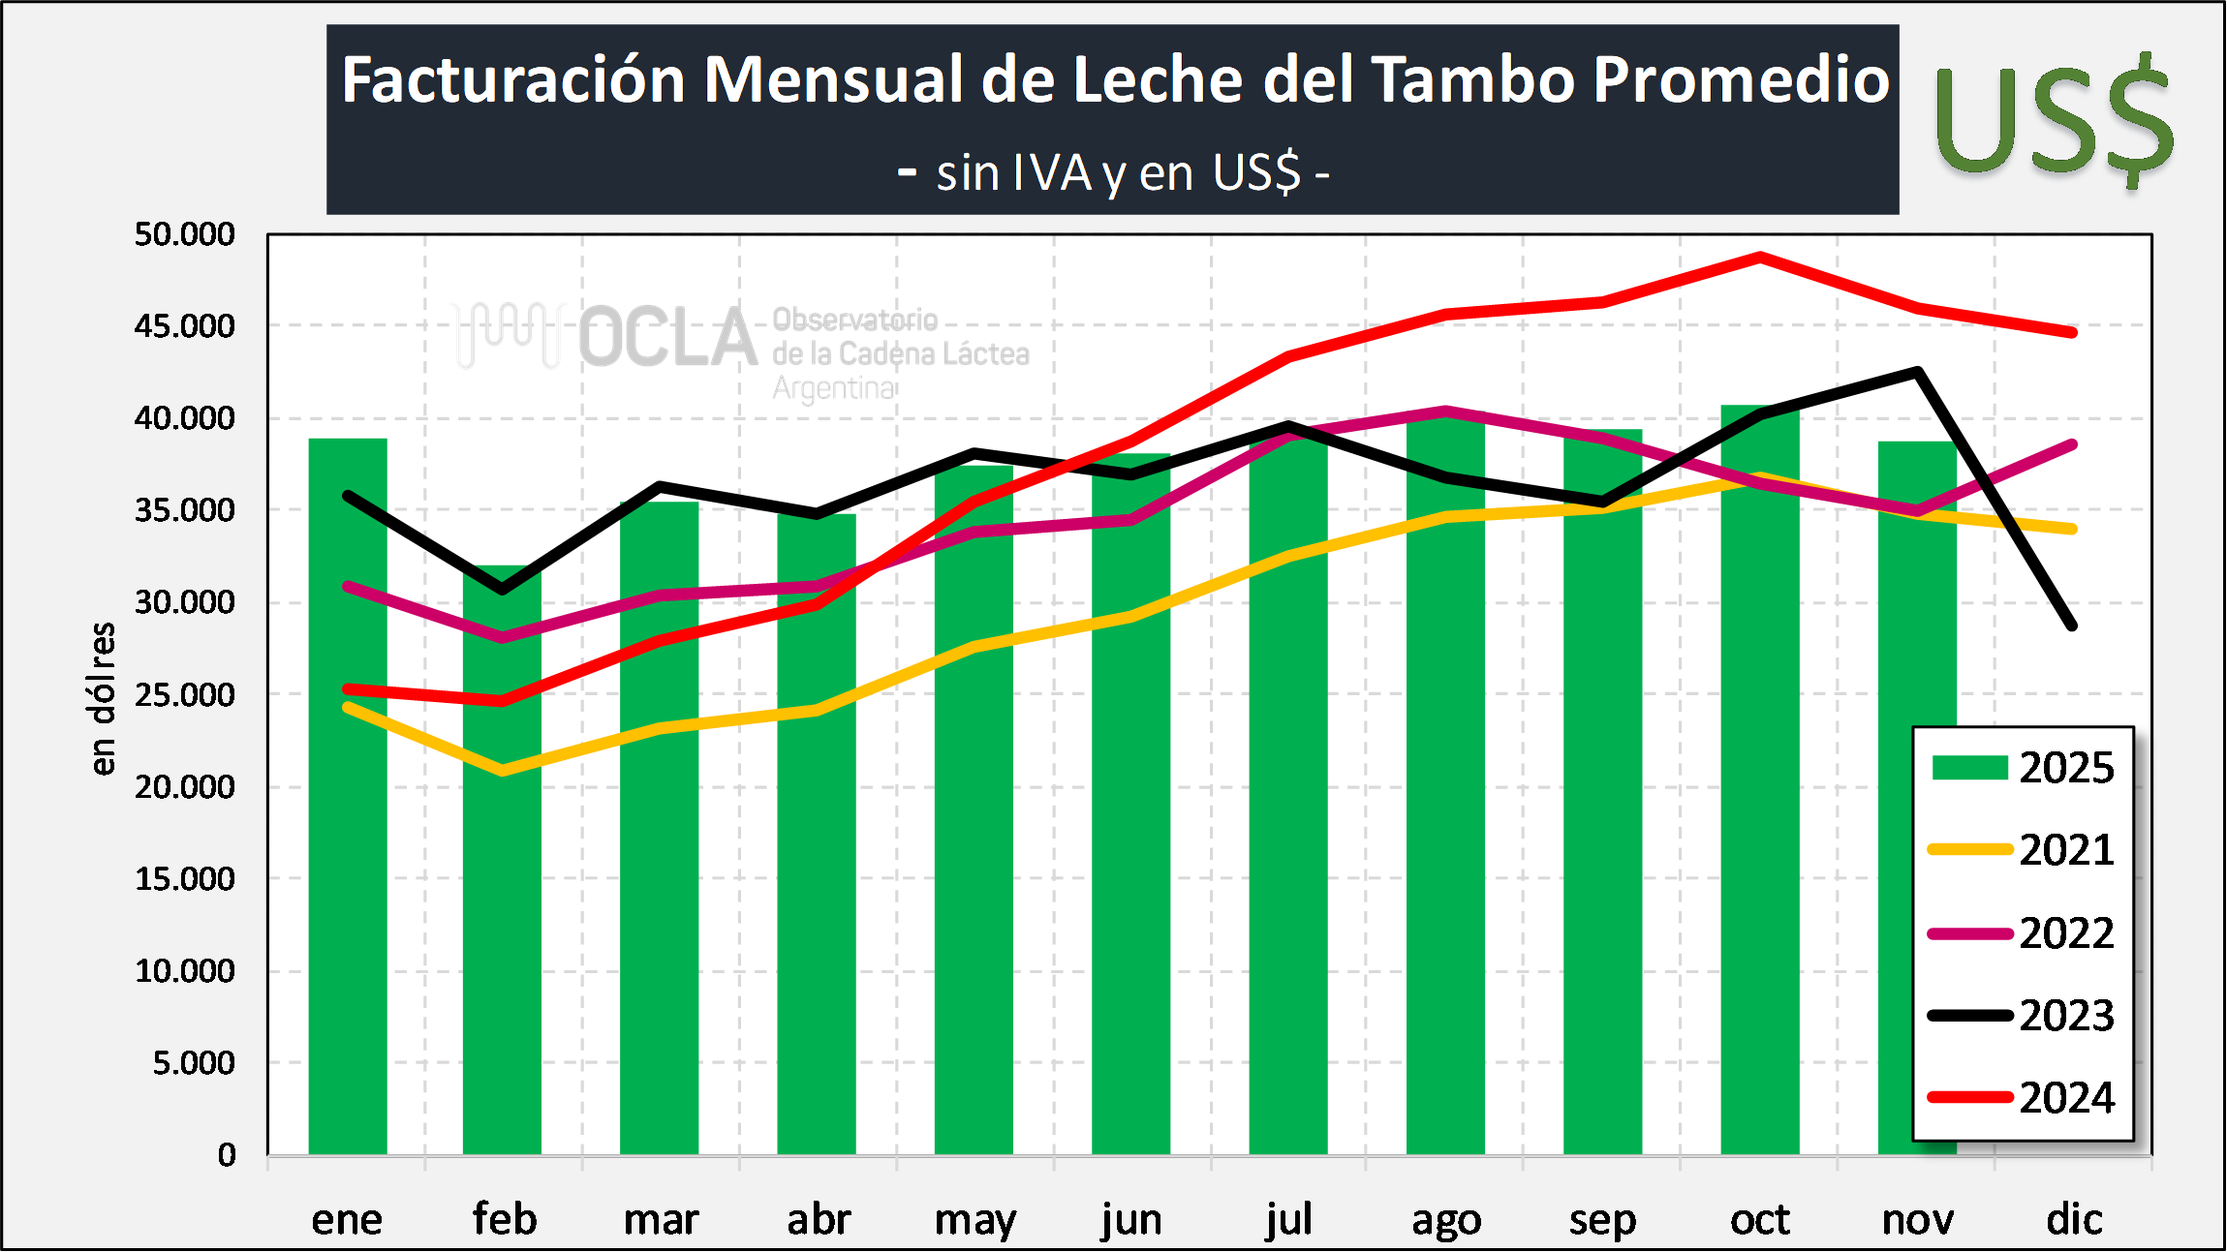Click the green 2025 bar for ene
click(348, 794)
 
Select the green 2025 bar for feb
click(502, 862)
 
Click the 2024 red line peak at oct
click(1760, 257)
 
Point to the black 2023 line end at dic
click(2073, 626)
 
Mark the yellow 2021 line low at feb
click(503, 771)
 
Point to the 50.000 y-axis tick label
click(185, 234)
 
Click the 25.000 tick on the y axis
click(185, 694)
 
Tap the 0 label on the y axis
click(227, 1155)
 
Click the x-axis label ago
click(1446, 1220)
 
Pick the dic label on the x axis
click(2074, 1219)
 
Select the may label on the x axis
click(974, 1220)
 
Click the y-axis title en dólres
click(102, 698)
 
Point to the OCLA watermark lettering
click(667, 338)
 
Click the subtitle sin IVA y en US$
click(1114, 173)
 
